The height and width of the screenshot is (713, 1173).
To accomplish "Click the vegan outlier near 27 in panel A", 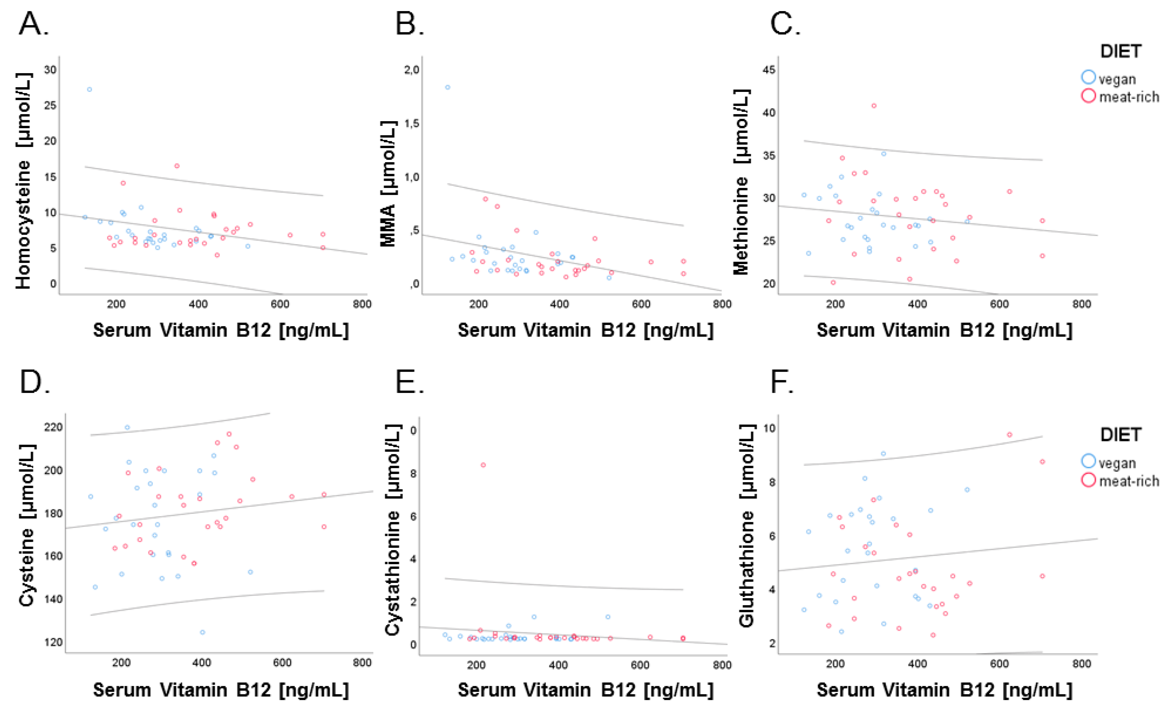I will click(x=89, y=89).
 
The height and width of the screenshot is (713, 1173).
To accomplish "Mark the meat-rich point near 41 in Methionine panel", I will click(x=874, y=106).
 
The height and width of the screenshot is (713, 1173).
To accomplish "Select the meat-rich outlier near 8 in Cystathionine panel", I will click(x=483, y=465).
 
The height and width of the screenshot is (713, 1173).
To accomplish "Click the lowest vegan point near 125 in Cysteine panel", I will click(x=202, y=632).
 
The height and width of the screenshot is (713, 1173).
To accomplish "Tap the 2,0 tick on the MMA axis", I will click(x=411, y=70).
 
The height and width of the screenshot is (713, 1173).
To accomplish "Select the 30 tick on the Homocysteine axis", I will click(x=50, y=70).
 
